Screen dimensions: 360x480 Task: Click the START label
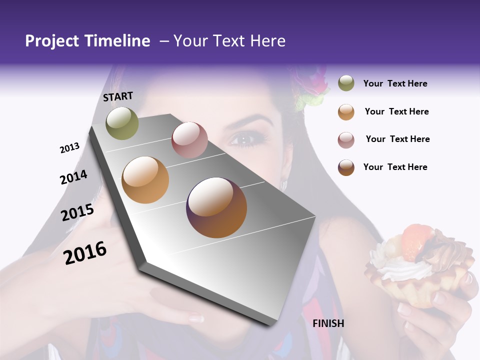click(118, 96)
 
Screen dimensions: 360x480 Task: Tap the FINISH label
click(328, 323)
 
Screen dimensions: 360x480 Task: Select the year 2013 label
click(70, 148)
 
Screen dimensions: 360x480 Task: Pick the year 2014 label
click(74, 177)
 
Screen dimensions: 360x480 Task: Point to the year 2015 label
click(77, 212)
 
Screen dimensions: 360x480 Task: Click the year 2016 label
click(85, 252)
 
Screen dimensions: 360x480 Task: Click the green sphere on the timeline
click(122, 123)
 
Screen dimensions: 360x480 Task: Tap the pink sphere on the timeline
click(189, 140)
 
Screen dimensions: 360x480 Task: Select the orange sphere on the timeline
click(145, 180)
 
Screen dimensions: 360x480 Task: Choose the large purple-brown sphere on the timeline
click(216, 207)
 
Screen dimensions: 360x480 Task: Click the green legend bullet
click(346, 83)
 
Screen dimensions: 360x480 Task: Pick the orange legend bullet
click(346, 111)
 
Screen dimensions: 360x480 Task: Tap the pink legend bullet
click(346, 139)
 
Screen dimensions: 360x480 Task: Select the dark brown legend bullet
click(346, 167)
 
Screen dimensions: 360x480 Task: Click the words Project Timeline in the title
click(87, 41)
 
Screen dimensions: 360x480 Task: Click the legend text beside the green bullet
click(395, 83)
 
